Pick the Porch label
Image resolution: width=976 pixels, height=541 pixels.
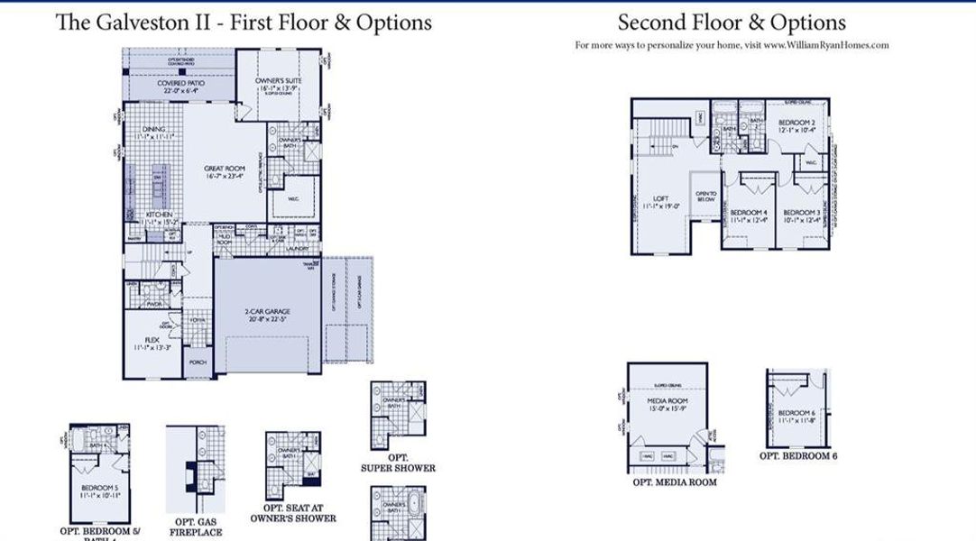(x=198, y=362)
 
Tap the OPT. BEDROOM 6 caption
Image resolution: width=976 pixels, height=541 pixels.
(x=798, y=456)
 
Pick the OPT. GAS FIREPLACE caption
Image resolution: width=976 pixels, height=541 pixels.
(x=195, y=527)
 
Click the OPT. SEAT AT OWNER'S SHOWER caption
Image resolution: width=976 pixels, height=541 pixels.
(x=293, y=513)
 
